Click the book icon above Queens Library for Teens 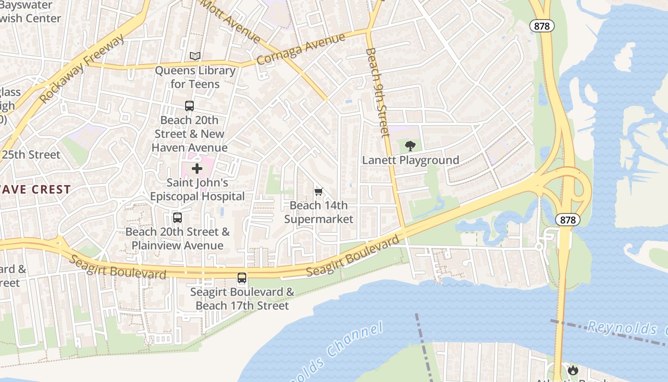[x=195, y=56]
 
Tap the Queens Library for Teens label [x=195, y=77]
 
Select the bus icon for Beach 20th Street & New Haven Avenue [x=189, y=106]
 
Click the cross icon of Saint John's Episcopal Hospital [x=197, y=169]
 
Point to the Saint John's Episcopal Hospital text [x=197, y=190]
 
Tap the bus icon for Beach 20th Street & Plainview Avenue [x=177, y=218]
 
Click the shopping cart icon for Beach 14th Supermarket [x=319, y=191]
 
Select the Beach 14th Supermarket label [x=319, y=212]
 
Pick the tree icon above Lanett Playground [x=410, y=146]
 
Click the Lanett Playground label [x=410, y=160]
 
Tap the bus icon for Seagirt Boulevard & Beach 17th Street [x=242, y=278]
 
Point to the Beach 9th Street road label [x=378, y=92]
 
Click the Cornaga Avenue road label [x=301, y=50]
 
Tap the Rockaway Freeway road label [x=82, y=69]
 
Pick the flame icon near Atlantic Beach [x=573, y=370]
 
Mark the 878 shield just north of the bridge [x=568, y=220]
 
